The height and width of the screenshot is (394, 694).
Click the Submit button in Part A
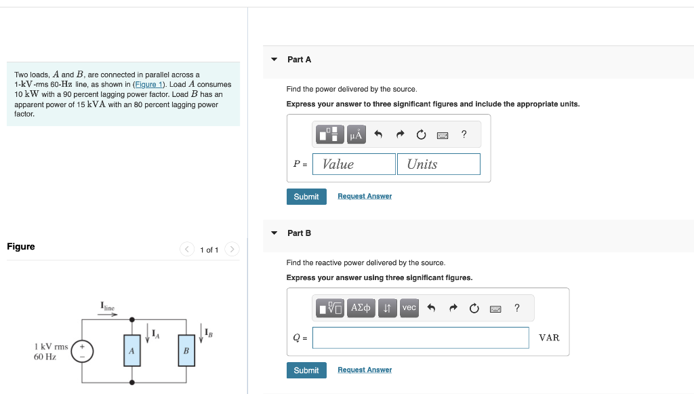coord(306,197)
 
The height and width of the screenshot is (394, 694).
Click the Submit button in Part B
coord(306,370)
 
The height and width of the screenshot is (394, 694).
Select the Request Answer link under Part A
coord(365,197)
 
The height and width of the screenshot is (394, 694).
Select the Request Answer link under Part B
coord(365,370)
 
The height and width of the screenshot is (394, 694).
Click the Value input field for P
coord(354,164)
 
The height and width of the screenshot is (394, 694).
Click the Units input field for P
coord(438,164)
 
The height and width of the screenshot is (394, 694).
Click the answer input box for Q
coord(420,338)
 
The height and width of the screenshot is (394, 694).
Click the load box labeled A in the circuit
coord(132,351)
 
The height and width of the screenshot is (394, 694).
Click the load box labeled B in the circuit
coord(186,351)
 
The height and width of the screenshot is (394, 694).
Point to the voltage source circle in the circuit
coord(83,351)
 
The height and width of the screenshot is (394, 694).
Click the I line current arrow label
coord(108,307)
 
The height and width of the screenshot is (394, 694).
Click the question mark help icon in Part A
coord(464,134)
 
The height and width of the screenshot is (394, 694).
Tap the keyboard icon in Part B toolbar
coord(495,309)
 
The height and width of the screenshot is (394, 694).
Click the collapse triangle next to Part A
coord(274,60)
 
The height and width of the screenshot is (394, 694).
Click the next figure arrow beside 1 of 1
coord(232,250)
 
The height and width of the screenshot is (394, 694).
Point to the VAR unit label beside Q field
coord(549,338)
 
